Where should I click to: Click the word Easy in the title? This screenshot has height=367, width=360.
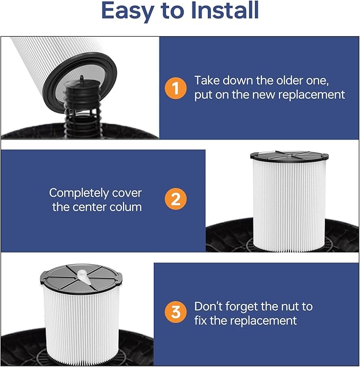128,11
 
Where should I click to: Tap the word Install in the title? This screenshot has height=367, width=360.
225,10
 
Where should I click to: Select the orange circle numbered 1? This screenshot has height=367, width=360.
175,88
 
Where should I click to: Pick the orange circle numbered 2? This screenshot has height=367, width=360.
175,199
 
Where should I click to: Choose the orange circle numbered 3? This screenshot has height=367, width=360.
175,312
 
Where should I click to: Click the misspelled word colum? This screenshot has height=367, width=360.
125,207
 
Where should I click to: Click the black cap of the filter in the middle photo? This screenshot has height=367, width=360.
289,156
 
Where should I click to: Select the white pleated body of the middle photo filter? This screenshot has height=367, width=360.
289,206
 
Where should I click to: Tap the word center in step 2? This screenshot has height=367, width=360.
90,207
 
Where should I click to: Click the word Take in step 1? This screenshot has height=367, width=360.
207,81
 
